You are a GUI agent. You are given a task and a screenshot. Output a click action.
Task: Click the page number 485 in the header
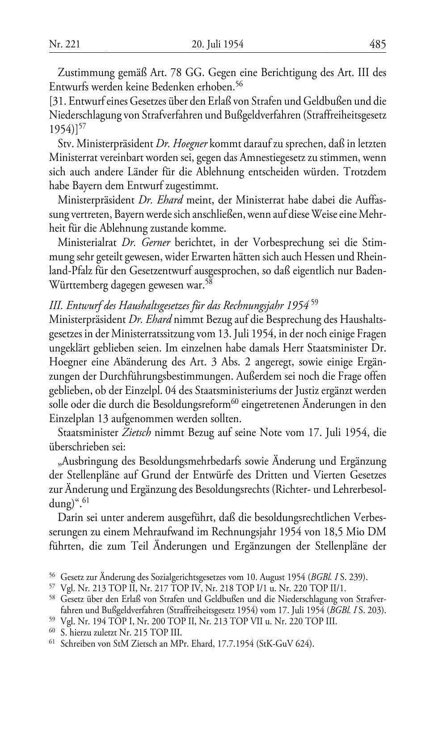point(377,44)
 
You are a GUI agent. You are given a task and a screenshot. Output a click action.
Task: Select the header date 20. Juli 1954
point(217,44)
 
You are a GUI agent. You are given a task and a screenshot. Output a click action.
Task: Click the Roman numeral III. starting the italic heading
point(55,306)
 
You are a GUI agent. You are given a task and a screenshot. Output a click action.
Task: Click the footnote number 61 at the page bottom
point(52,643)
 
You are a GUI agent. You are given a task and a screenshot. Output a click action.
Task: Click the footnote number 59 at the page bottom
point(52,621)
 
